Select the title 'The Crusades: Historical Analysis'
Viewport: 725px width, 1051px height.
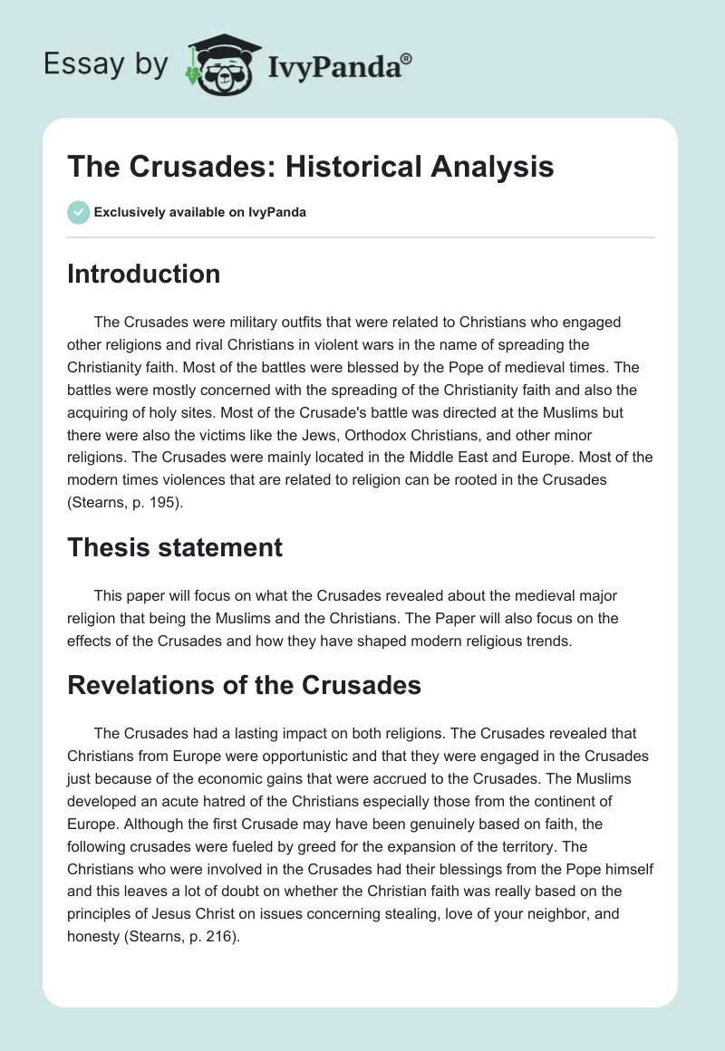pyautogui.click(x=311, y=167)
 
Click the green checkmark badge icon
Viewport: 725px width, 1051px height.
pyautogui.click(x=77, y=212)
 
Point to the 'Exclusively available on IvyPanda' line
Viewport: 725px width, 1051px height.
pyautogui.click(x=200, y=213)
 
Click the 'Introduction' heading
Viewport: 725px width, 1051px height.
pyautogui.click(x=143, y=274)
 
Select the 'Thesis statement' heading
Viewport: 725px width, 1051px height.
pyautogui.click(x=175, y=547)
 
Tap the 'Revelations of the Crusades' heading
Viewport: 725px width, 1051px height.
pyautogui.click(x=244, y=685)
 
